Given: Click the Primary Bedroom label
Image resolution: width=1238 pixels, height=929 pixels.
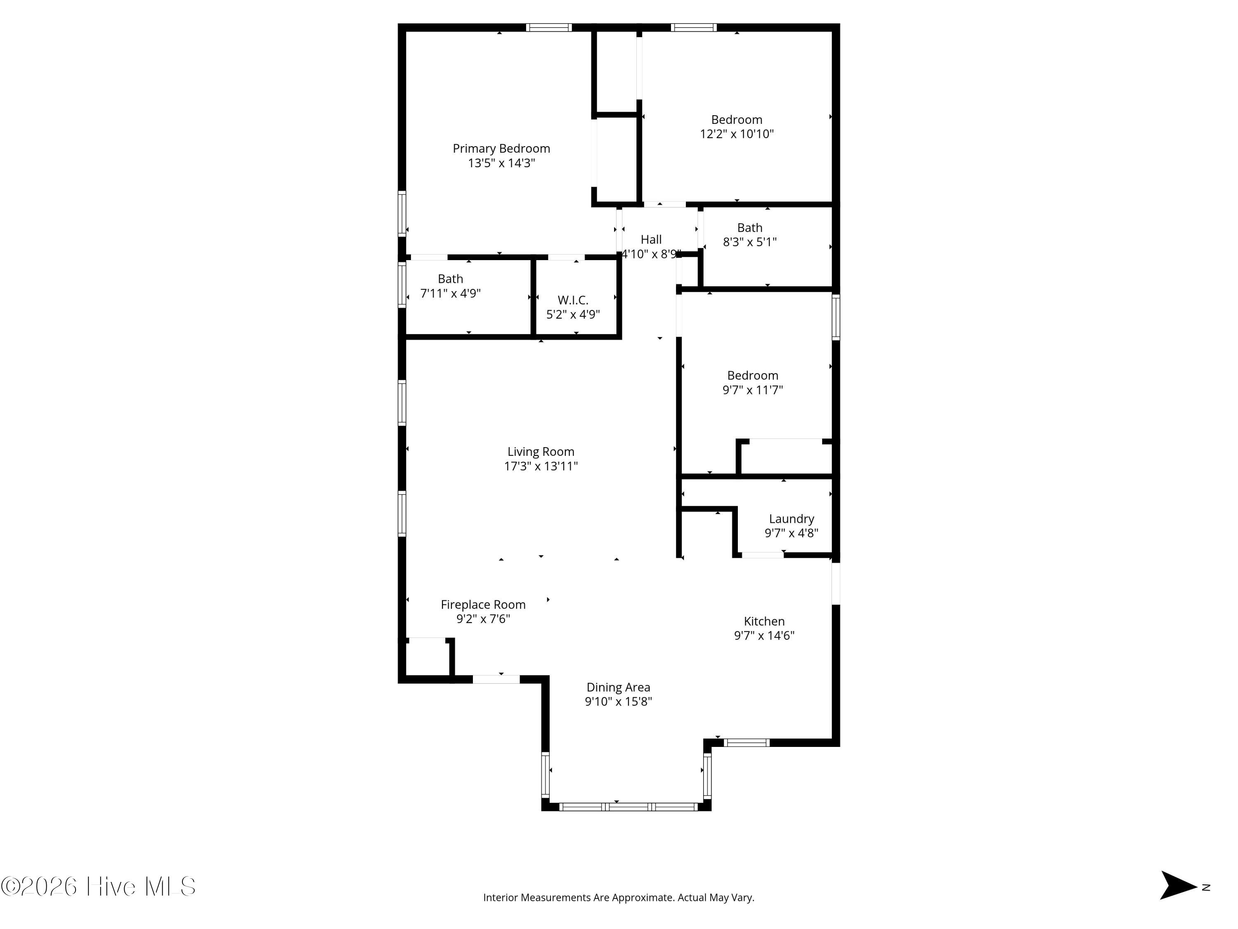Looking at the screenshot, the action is (x=501, y=148).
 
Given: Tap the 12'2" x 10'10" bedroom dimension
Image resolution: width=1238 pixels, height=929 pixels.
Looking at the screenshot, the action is (x=737, y=134).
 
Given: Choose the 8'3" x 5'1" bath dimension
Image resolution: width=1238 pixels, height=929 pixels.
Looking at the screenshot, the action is (x=749, y=242).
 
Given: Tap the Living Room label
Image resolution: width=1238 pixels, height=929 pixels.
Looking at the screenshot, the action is (x=541, y=451).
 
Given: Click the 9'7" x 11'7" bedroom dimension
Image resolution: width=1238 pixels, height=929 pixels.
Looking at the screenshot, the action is (x=752, y=390).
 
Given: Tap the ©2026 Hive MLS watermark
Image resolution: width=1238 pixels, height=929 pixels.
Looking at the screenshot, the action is (x=99, y=886).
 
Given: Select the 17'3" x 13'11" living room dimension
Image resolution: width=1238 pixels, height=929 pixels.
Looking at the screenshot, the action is (x=541, y=466).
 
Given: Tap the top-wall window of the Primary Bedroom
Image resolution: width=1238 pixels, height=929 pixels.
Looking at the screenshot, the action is (x=548, y=27).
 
